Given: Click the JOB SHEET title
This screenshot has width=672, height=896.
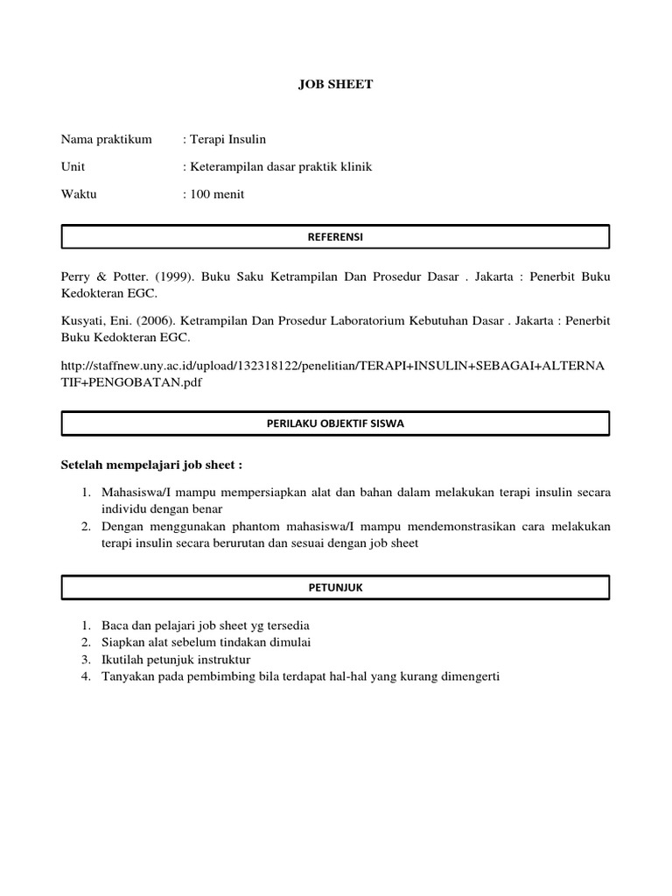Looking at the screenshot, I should pyautogui.click(x=335, y=84).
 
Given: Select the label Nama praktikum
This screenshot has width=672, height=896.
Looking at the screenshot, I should pyautogui.click(x=106, y=139).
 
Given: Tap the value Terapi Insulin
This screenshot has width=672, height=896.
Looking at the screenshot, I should pyautogui.click(x=227, y=139).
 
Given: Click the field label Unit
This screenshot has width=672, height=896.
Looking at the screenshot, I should pyautogui.click(x=73, y=166).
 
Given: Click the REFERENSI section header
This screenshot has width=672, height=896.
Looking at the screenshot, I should pyautogui.click(x=335, y=236).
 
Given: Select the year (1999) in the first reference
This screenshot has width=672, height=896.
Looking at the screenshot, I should pyautogui.click(x=172, y=276).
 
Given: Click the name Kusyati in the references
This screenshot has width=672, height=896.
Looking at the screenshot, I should pyautogui.click(x=83, y=320).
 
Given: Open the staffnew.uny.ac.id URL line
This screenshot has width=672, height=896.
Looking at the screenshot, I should pyautogui.click(x=332, y=364).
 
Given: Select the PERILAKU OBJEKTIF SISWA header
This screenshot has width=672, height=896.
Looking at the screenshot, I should pyautogui.click(x=335, y=423).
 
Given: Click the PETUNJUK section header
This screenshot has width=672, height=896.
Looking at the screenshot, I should pyautogui.click(x=335, y=588).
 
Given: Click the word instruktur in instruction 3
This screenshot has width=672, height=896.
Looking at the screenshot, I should pyautogui.click(x=222, y=659).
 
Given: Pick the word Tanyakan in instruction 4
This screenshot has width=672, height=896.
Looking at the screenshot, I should pyautogui.click(x=128, y=675).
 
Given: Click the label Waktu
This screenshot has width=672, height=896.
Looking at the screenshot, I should pyautogui.click(x=79, y=194).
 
